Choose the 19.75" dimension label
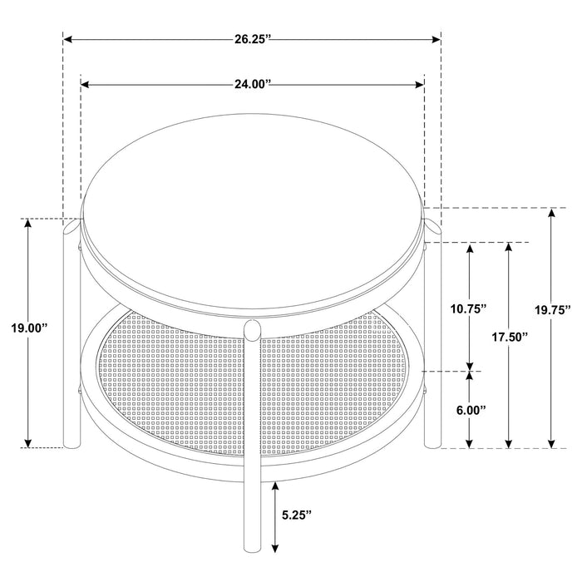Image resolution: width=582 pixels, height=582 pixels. click(551, 310)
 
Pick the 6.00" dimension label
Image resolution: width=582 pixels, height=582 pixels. click(471, 410)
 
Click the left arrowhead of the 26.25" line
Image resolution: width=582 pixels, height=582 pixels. click(69, 39)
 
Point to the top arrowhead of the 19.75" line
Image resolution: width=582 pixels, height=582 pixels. click(550, 213)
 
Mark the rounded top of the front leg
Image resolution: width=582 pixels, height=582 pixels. click(252, 329)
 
